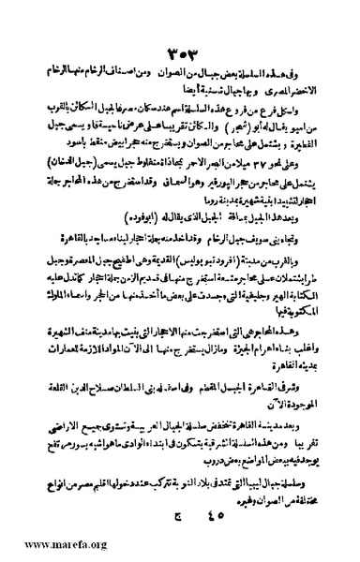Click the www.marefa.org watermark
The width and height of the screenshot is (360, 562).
[44, 545]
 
